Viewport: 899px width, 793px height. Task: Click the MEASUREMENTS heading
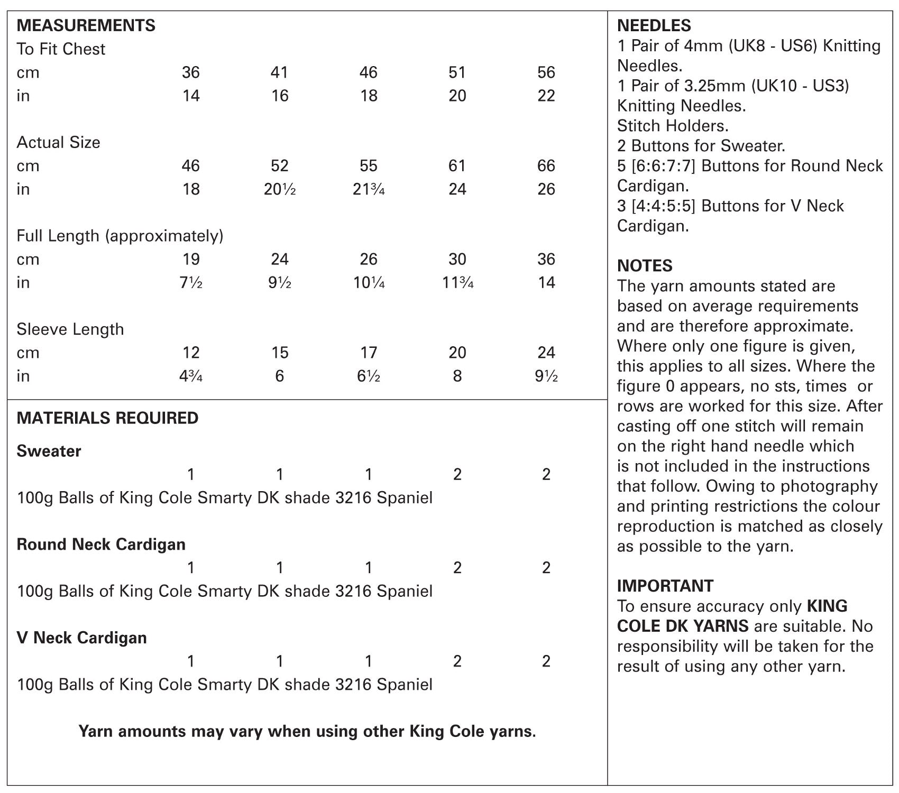tap(86, 25)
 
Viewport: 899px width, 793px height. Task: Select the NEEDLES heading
tap(654, 25)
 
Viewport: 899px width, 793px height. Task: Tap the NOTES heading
tap(645, 265)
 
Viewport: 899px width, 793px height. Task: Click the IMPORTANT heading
tap(665, 586)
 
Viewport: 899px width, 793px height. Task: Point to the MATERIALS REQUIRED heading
tap(107, 418)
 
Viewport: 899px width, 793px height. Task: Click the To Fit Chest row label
tap(61, 49)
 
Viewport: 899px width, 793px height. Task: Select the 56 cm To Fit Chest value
tap(546, 72)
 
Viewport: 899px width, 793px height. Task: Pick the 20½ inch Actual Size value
tap(279, 189)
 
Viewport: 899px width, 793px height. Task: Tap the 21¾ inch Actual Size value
tap(368, 189)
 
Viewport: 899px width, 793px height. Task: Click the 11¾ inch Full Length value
tap(457, 283)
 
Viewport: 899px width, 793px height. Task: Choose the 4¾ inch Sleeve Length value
tap(190, 376)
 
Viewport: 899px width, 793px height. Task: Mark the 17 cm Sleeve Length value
tap(368, 353)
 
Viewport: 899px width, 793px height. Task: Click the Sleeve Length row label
tap(70, 329)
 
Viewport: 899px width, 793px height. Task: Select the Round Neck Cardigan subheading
tap(101, 545)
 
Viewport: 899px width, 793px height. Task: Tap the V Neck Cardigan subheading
tap(81, 638)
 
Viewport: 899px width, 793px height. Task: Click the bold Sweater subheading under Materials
tap(49, 451)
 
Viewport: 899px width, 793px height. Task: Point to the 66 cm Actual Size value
tap(546, 166)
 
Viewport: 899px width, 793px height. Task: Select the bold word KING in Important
tap(827, 606)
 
